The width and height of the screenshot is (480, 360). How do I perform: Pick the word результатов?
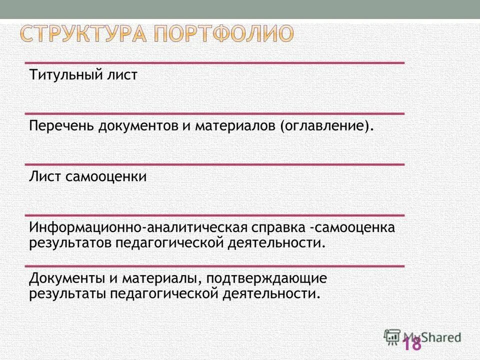pyautogui.click(x=70, y=243)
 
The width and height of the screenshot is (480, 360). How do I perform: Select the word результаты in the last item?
pyautogui.click(x=67, y=293)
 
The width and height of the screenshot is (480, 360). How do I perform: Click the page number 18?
pyautogui.click(x=412, y=344)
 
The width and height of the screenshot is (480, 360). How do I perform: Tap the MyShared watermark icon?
pyautogui.click(x=392, y=336)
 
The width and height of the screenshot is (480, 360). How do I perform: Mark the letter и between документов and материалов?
pyautogui.click(x=185, y=126)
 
